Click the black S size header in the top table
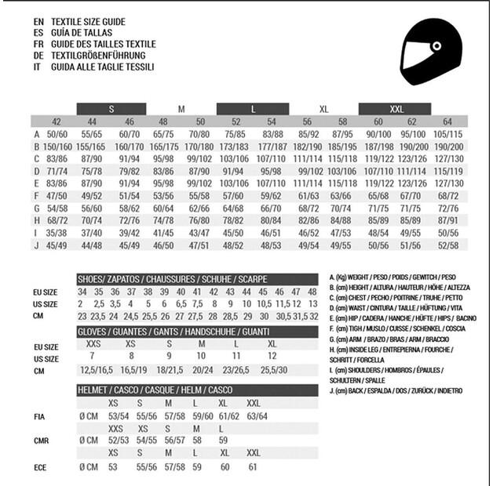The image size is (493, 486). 111,109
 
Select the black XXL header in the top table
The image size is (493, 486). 396,109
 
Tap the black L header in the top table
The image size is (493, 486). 253,109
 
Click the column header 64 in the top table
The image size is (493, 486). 447,122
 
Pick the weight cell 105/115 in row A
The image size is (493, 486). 447,135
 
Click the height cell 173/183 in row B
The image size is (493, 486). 234,147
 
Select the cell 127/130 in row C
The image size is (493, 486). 447,158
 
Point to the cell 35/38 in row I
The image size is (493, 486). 57,233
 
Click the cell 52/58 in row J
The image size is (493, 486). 447,245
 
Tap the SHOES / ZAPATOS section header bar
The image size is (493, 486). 197,278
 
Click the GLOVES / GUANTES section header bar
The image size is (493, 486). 197,332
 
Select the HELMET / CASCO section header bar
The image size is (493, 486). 197,390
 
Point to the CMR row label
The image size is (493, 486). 42,441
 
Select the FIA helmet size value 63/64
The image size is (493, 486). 257,416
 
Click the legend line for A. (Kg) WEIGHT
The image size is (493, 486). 393,277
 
